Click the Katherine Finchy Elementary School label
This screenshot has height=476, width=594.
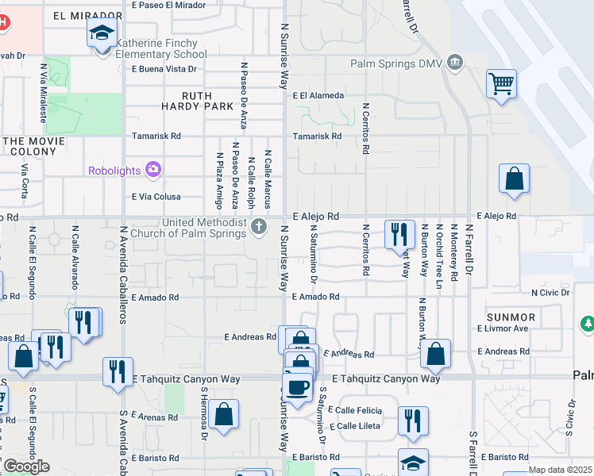[161, 48]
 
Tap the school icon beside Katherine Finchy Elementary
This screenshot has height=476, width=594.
[102, 34]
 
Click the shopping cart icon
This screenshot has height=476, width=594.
[502, 83]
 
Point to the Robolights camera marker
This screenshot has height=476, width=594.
[153, 169]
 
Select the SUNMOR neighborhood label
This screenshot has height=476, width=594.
[512, 317]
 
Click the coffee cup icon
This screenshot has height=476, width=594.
[298, 388]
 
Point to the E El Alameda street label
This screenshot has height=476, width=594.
[318, 95]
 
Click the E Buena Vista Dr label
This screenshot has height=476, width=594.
[164, 69]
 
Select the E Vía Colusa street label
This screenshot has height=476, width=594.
[156, 197]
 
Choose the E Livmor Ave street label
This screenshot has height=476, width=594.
[503, 328]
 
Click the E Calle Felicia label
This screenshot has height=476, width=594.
[358, 410]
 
